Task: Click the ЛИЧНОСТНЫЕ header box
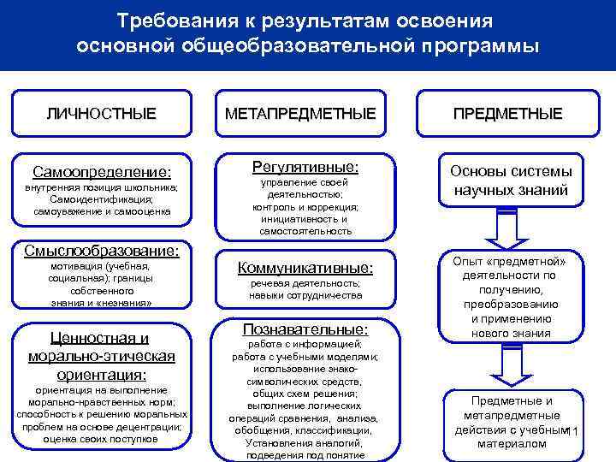coord(101,113)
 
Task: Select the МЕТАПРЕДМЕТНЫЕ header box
coord(300,113)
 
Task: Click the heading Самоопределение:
coord(102,171)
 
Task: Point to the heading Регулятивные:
coord(305,165)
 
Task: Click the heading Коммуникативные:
coord(305,267)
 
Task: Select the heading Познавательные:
coord(305,329)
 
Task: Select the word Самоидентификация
coord(102,198)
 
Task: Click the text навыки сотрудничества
coord(305,295)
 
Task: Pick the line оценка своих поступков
coord(101,438)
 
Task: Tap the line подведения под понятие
coord(305,455)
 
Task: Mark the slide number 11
coord(573,431)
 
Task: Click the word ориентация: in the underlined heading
coord(102,374)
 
